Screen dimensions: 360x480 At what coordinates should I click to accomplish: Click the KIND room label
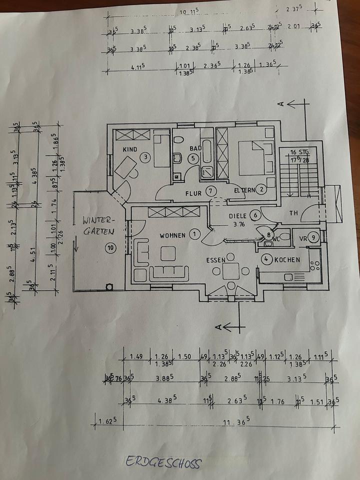click(130, 149)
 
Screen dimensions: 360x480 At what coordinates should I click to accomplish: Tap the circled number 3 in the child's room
click(145, 157)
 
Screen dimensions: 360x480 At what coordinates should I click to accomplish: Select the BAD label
click(195, 148)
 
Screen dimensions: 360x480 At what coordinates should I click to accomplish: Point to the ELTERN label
click(245, 190)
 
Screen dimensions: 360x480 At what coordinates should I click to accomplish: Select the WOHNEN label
click(172, 235)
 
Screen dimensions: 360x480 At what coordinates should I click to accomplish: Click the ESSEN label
click(216, 260)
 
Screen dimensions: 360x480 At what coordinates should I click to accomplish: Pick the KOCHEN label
click(287, 259)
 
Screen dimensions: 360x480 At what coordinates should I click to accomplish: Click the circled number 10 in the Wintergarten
click(109, 246)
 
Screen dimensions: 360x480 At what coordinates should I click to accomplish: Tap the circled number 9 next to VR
click(313, 237)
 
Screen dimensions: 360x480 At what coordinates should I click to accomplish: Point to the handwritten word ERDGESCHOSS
click(163, 462)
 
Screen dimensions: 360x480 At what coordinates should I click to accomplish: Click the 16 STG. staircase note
click(300, 151)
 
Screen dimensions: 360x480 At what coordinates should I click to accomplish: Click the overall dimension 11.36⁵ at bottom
click(236, 422)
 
